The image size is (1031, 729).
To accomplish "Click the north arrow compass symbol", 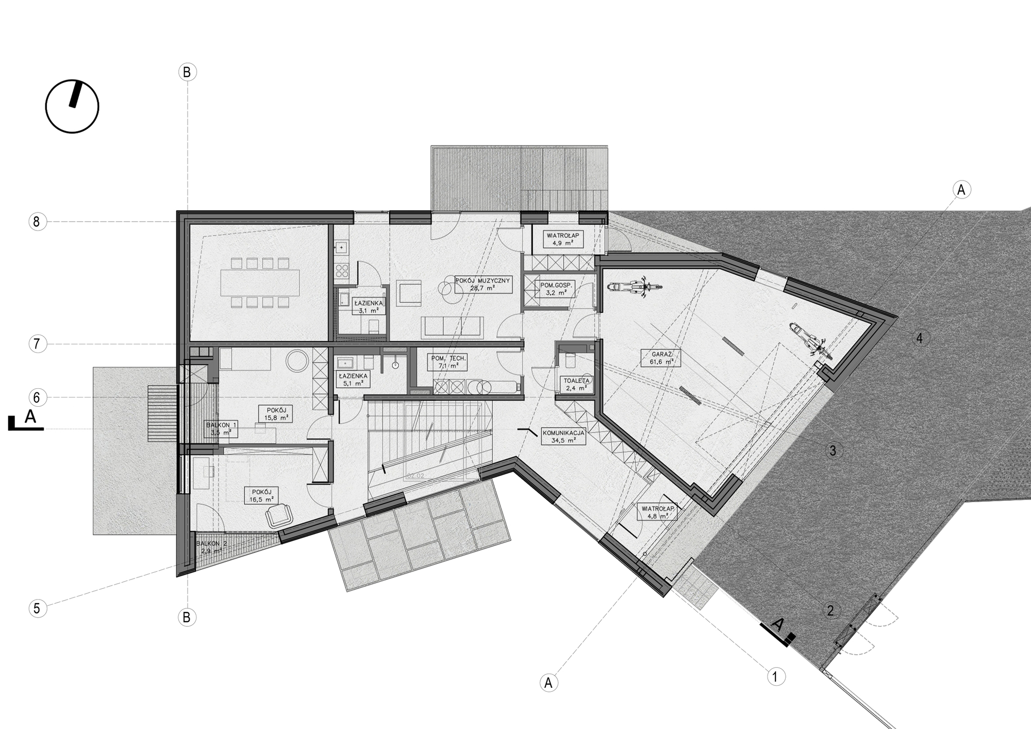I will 72,107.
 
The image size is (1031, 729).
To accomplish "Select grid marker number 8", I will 36,222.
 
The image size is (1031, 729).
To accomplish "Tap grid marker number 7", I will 37,344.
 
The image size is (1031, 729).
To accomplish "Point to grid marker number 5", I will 37,608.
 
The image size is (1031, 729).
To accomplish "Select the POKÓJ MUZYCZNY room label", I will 483,285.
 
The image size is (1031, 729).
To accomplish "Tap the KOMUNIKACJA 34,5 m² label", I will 563,437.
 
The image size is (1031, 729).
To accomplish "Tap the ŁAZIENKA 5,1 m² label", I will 353,379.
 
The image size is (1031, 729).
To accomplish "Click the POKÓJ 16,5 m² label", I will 261,495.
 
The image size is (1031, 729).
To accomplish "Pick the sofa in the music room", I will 452,326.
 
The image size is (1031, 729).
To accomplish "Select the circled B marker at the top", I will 187,72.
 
